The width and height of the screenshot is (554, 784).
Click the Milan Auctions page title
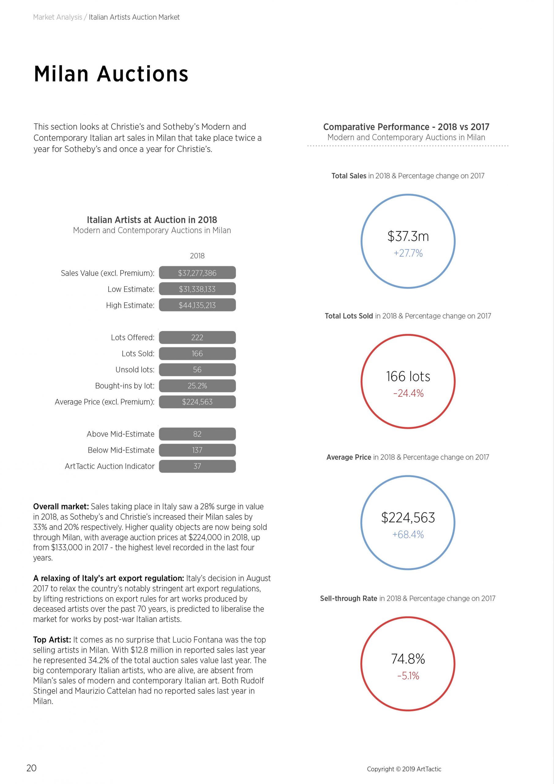point(111,74)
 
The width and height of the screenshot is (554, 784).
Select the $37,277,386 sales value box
point(197,273)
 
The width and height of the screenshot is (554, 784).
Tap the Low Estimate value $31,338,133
point(197,289)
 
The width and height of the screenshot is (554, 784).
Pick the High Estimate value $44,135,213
point(197,305)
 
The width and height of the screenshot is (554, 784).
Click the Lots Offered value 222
point(197,337)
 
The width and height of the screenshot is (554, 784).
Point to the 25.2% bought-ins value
point(197,386)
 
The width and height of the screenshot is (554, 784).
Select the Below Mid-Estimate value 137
point(197,450)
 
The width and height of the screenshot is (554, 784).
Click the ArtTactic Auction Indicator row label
point(110,466)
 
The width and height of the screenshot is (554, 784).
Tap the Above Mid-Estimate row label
point(121,434)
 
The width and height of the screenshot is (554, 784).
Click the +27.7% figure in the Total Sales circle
point(408,253)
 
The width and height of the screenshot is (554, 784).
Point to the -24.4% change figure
point(408,393)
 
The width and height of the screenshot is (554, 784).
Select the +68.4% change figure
point(408,534)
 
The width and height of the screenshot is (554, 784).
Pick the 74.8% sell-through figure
point(408,659)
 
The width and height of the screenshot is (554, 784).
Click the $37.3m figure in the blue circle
point(408,236)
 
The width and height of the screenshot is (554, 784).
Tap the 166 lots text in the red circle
point(408,376)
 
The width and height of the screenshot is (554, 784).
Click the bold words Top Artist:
point(52,639)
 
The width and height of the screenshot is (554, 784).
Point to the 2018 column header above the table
point(197,256)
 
